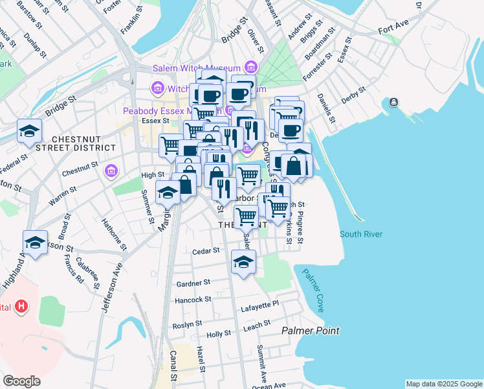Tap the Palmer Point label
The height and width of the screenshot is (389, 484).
[311, 331]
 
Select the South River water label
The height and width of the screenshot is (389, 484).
[360, 234]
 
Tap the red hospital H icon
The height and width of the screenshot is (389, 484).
[21, 305]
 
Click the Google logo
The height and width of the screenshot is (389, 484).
[21, 381]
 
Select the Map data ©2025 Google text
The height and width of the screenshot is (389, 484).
[443, 384]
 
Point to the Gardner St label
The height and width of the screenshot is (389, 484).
[193, 283]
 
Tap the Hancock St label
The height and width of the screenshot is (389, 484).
[193, 300]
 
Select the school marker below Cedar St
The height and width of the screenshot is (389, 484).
[244, 262]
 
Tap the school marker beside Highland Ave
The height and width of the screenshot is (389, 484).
[35, 243]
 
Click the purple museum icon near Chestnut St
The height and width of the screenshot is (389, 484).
[111, 170]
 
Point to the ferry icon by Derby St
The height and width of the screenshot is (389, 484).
[393, 102]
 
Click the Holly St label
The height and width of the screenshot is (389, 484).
[219, 335]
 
